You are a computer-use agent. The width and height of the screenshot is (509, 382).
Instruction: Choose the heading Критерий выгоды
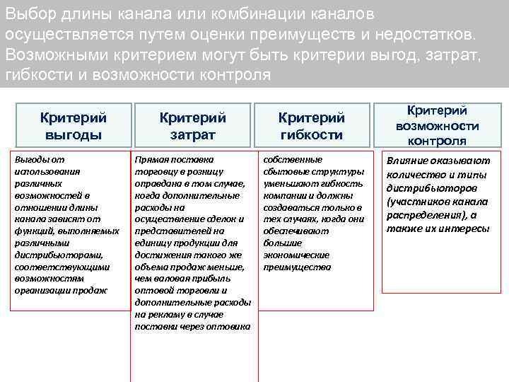tap(73, 125)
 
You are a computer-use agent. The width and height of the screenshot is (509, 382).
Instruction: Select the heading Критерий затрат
tap(192, 125)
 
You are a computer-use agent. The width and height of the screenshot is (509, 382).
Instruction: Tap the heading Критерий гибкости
tap(311, 125)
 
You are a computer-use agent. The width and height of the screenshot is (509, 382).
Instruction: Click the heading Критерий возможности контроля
tap(437, 125)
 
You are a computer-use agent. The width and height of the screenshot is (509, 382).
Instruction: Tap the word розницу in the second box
tap(204, 171)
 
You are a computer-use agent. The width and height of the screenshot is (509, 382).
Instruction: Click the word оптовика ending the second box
tap(231, 326)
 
